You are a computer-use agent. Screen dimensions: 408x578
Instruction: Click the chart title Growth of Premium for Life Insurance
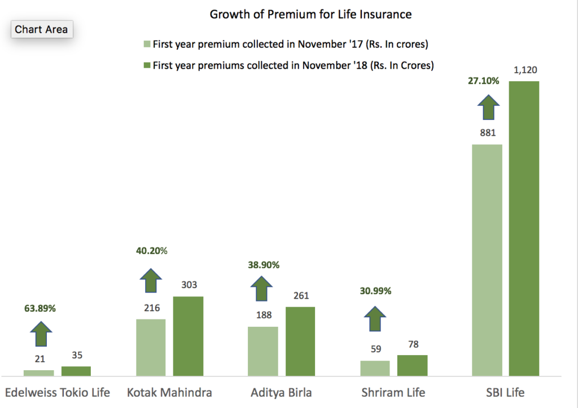pyautogui.click(x=310, y=14)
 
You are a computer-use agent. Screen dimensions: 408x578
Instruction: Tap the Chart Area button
pyautogui.click(x=41, y=29)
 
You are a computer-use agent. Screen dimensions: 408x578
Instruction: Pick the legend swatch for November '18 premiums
pyautogui.click(x=147, y=65)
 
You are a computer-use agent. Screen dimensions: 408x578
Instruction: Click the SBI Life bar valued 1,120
pyautogui.click(x=524, y=228)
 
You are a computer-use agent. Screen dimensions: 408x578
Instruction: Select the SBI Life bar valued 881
pyautogui.click(x=487, y=260)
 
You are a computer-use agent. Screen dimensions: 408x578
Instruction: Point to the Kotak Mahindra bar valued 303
pyautogui.click(x=188, y=336)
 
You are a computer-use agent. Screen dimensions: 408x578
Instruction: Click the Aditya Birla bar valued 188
pyautogui.click(x=263, y=351)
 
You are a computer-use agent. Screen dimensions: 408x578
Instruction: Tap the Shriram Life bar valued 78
pyautogui.click(x=412, y=365)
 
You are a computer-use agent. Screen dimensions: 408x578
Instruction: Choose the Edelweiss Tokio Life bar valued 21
pyautogui.click(x=38, y=372)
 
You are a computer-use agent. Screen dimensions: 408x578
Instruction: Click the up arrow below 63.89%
pyautogui.click(x=41, y=334)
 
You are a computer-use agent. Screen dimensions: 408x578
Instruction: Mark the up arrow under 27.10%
pyautogui.click(x=489, y=107)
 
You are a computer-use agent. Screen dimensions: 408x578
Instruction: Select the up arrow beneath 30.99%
pyautogui.click(x=374, y=319)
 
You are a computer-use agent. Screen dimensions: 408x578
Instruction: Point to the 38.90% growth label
pyautogui.click(x=263, y=264)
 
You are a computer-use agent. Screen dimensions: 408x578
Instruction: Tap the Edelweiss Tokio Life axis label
pyautogui.click(x=58, y=392)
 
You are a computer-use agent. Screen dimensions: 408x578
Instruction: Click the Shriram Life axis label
pyautogui.click(x=393, y=392)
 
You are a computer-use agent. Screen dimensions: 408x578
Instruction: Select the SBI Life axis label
pyautogui.click(x=506, y=392)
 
